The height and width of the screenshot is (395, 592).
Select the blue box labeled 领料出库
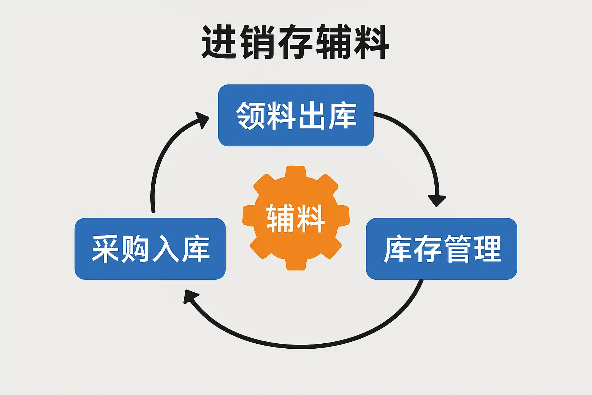click(296, 115)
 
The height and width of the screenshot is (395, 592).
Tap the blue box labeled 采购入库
click(150, 249)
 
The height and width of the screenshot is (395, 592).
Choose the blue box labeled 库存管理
click(441, 249)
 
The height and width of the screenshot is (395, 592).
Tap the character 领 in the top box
click(250, 115)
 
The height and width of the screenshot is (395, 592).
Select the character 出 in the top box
click(311, 115)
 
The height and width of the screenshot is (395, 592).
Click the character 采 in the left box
click(105, 249)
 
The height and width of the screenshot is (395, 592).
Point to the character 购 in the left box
click(135, 249)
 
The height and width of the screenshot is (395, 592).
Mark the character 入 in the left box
click(165, 249)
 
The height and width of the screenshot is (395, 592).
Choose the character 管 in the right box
click(457, 249)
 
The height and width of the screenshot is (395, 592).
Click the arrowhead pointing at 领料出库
click(202, 119)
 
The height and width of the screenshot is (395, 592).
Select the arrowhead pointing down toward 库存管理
click(437, 200)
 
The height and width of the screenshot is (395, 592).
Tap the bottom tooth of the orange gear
click(296, 264)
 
